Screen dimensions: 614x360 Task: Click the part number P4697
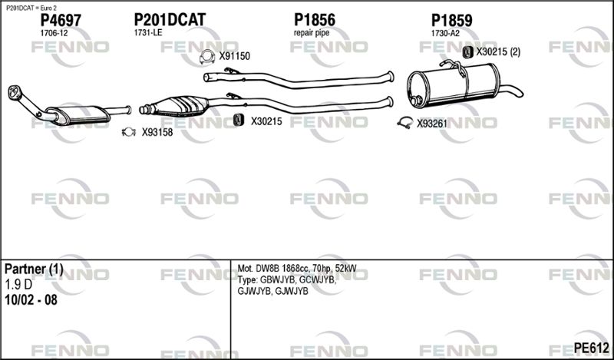[x=61, y=21]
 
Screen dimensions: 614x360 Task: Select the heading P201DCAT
[x=170, y=20]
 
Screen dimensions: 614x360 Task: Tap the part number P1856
[x=315, y=20]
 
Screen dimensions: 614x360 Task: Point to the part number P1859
[x=451, y=21]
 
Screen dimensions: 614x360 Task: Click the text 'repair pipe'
[x=312, y=33]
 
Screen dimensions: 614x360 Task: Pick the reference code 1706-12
[x=54, y=33]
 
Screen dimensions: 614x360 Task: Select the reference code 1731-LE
[x=148, y=33]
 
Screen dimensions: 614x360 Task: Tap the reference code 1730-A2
[x=445, y=34]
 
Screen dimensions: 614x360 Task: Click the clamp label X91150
[x=235, y=56]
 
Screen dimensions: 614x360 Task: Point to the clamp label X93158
[x=157, y=132]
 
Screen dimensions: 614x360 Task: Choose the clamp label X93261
[x=432, y=124]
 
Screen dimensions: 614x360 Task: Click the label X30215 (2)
[x=498, y=51]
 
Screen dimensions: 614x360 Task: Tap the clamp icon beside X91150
[x=207, y=58]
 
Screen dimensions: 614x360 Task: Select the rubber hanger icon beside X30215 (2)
[x=467, y=52]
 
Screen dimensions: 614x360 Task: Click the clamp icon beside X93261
[x=405, y=123]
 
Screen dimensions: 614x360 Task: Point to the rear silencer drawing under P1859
[x=454, y=85]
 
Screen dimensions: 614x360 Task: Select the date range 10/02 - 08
[x=31, y=300]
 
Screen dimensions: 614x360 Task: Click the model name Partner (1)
[x=34, y=269]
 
